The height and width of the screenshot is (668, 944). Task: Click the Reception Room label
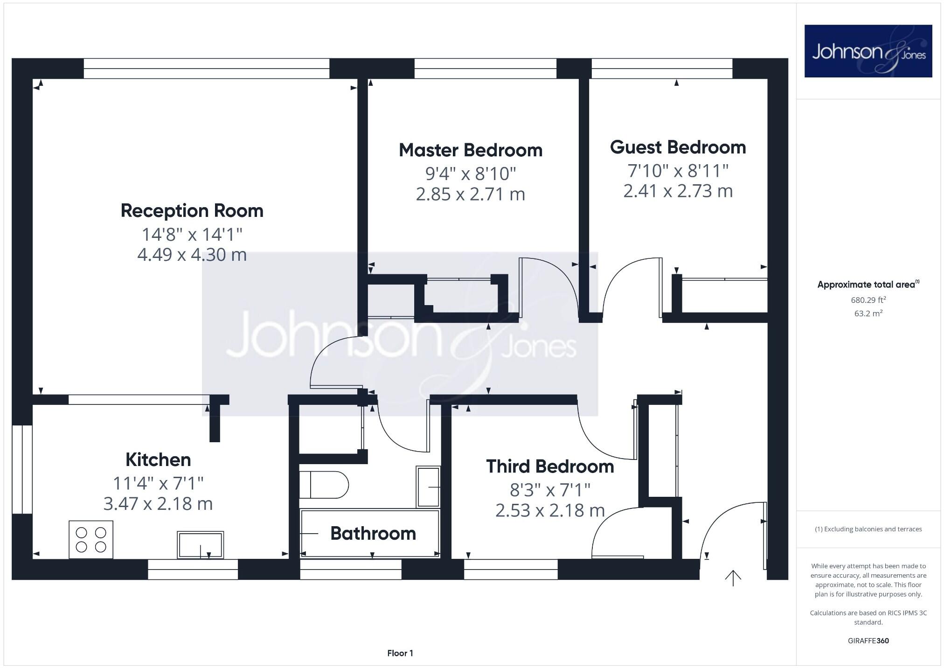(192, 211)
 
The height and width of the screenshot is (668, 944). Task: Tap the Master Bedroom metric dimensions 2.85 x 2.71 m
(470, 194)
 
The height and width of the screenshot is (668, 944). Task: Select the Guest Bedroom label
(678, 147)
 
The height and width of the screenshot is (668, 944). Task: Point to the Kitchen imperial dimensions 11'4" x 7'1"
(158, 483)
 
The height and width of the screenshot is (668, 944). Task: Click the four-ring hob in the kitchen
(91, 540)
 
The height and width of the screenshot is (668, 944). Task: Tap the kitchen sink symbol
(200, 544)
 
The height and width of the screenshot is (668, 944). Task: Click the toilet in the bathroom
(324, 485)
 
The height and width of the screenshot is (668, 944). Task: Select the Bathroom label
(373, 533)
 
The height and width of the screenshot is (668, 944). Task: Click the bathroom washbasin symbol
(428, 487)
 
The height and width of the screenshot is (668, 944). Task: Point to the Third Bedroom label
(550, 466)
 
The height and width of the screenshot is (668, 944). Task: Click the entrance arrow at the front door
(733, 578)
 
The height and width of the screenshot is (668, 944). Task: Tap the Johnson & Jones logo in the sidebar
(868, 51)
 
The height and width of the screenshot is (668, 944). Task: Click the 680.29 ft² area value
(868, 300)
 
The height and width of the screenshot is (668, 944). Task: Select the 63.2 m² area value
(868, 313)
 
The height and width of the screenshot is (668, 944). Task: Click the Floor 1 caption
(400, 653)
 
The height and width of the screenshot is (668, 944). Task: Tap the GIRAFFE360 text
(868, 640)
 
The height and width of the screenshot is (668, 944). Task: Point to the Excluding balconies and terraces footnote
(868, 529)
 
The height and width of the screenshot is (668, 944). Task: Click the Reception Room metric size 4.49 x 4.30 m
(192, 255)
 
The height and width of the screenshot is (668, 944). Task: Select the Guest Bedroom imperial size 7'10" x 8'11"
(678, 171)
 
